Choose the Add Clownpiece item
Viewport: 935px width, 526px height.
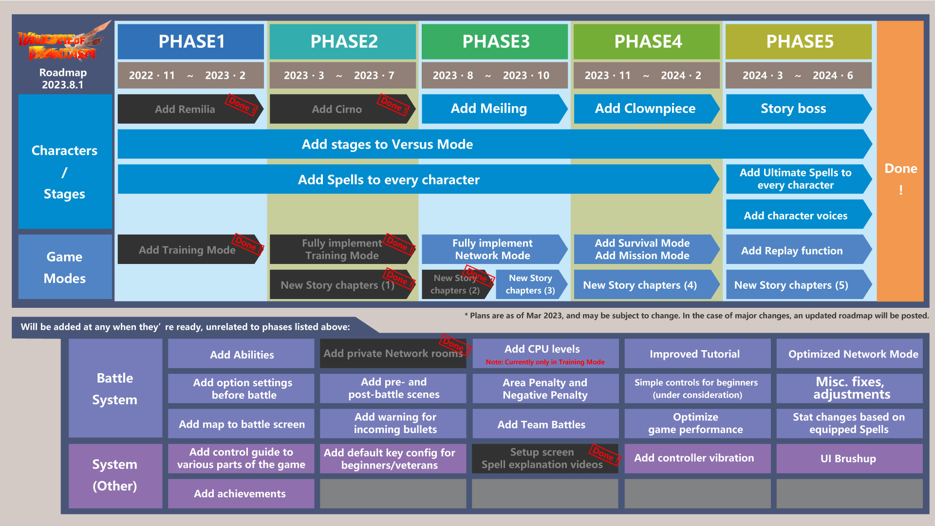(645, 109)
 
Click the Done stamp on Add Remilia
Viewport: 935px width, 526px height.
(241, 105)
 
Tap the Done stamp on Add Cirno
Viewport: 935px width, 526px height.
(393, 105)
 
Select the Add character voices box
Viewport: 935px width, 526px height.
(796, 215)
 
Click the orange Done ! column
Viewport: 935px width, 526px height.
(900, 161)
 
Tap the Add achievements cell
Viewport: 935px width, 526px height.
(241, 493)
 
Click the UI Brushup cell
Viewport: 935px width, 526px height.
(849, 458)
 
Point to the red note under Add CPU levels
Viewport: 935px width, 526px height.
(545, 362)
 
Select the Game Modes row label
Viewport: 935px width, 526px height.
(65, 267)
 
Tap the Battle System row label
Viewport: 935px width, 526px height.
(115, 388)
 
